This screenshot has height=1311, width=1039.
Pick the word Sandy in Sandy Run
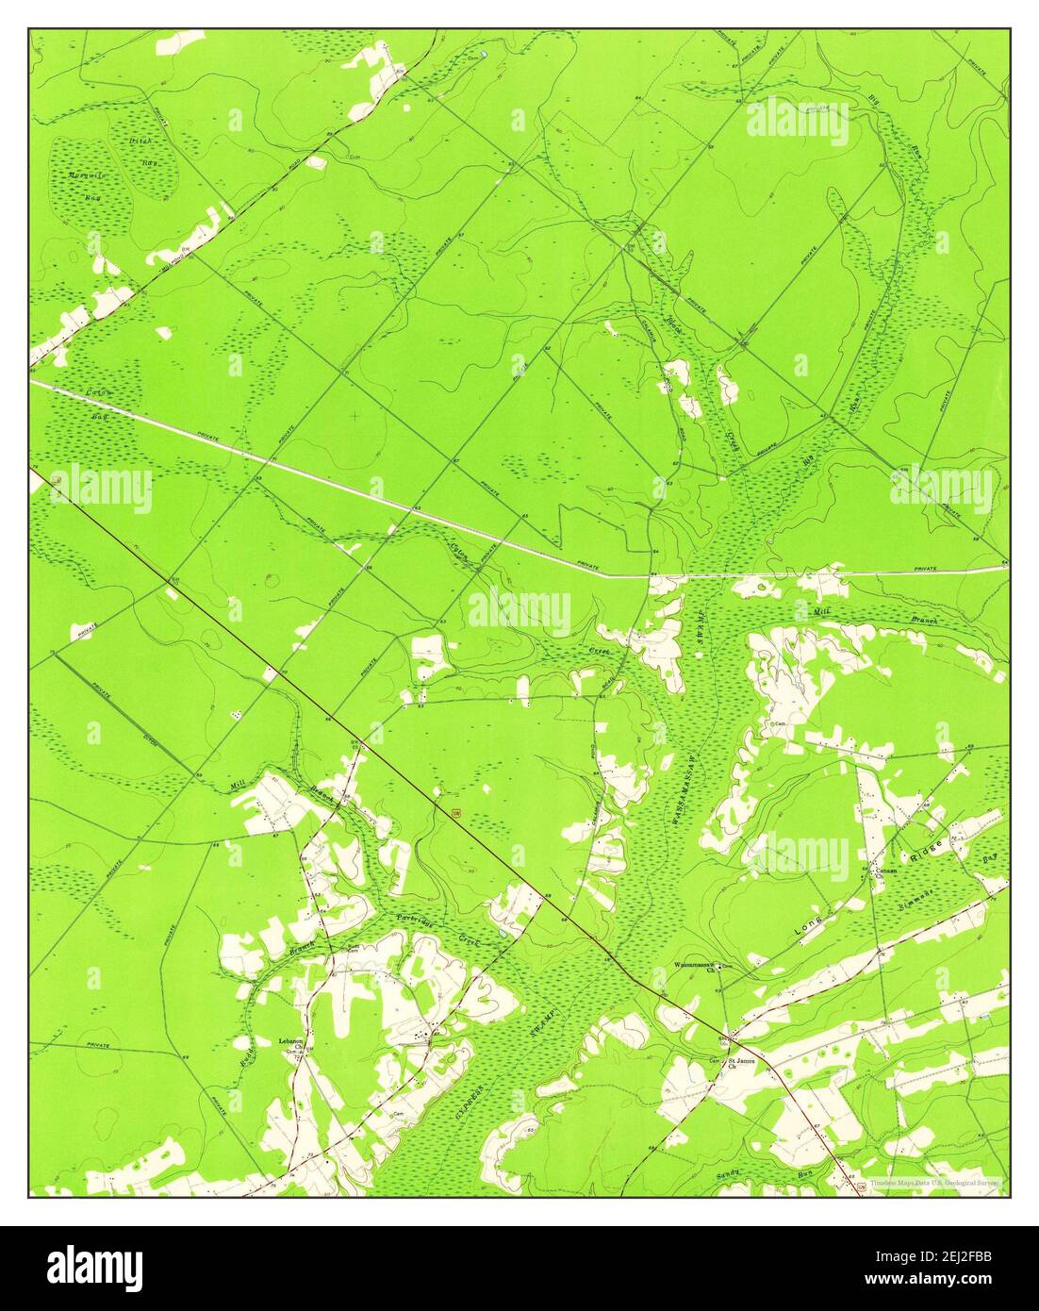pyautogui.click(x=728, y=1174)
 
